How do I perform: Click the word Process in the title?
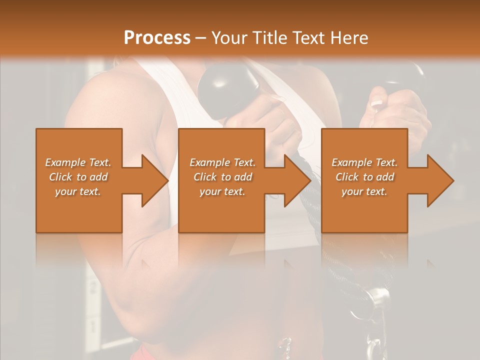coord(157,37)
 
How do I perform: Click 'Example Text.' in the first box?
coord(78,162)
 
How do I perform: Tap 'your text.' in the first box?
coord(78,191)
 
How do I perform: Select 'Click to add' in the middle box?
coord(222,177)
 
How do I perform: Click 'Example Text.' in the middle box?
coord(222,162)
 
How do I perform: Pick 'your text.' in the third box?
coord(364,191)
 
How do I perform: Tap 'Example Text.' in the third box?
coord(364,162)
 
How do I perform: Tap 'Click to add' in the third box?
coord(364,177)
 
